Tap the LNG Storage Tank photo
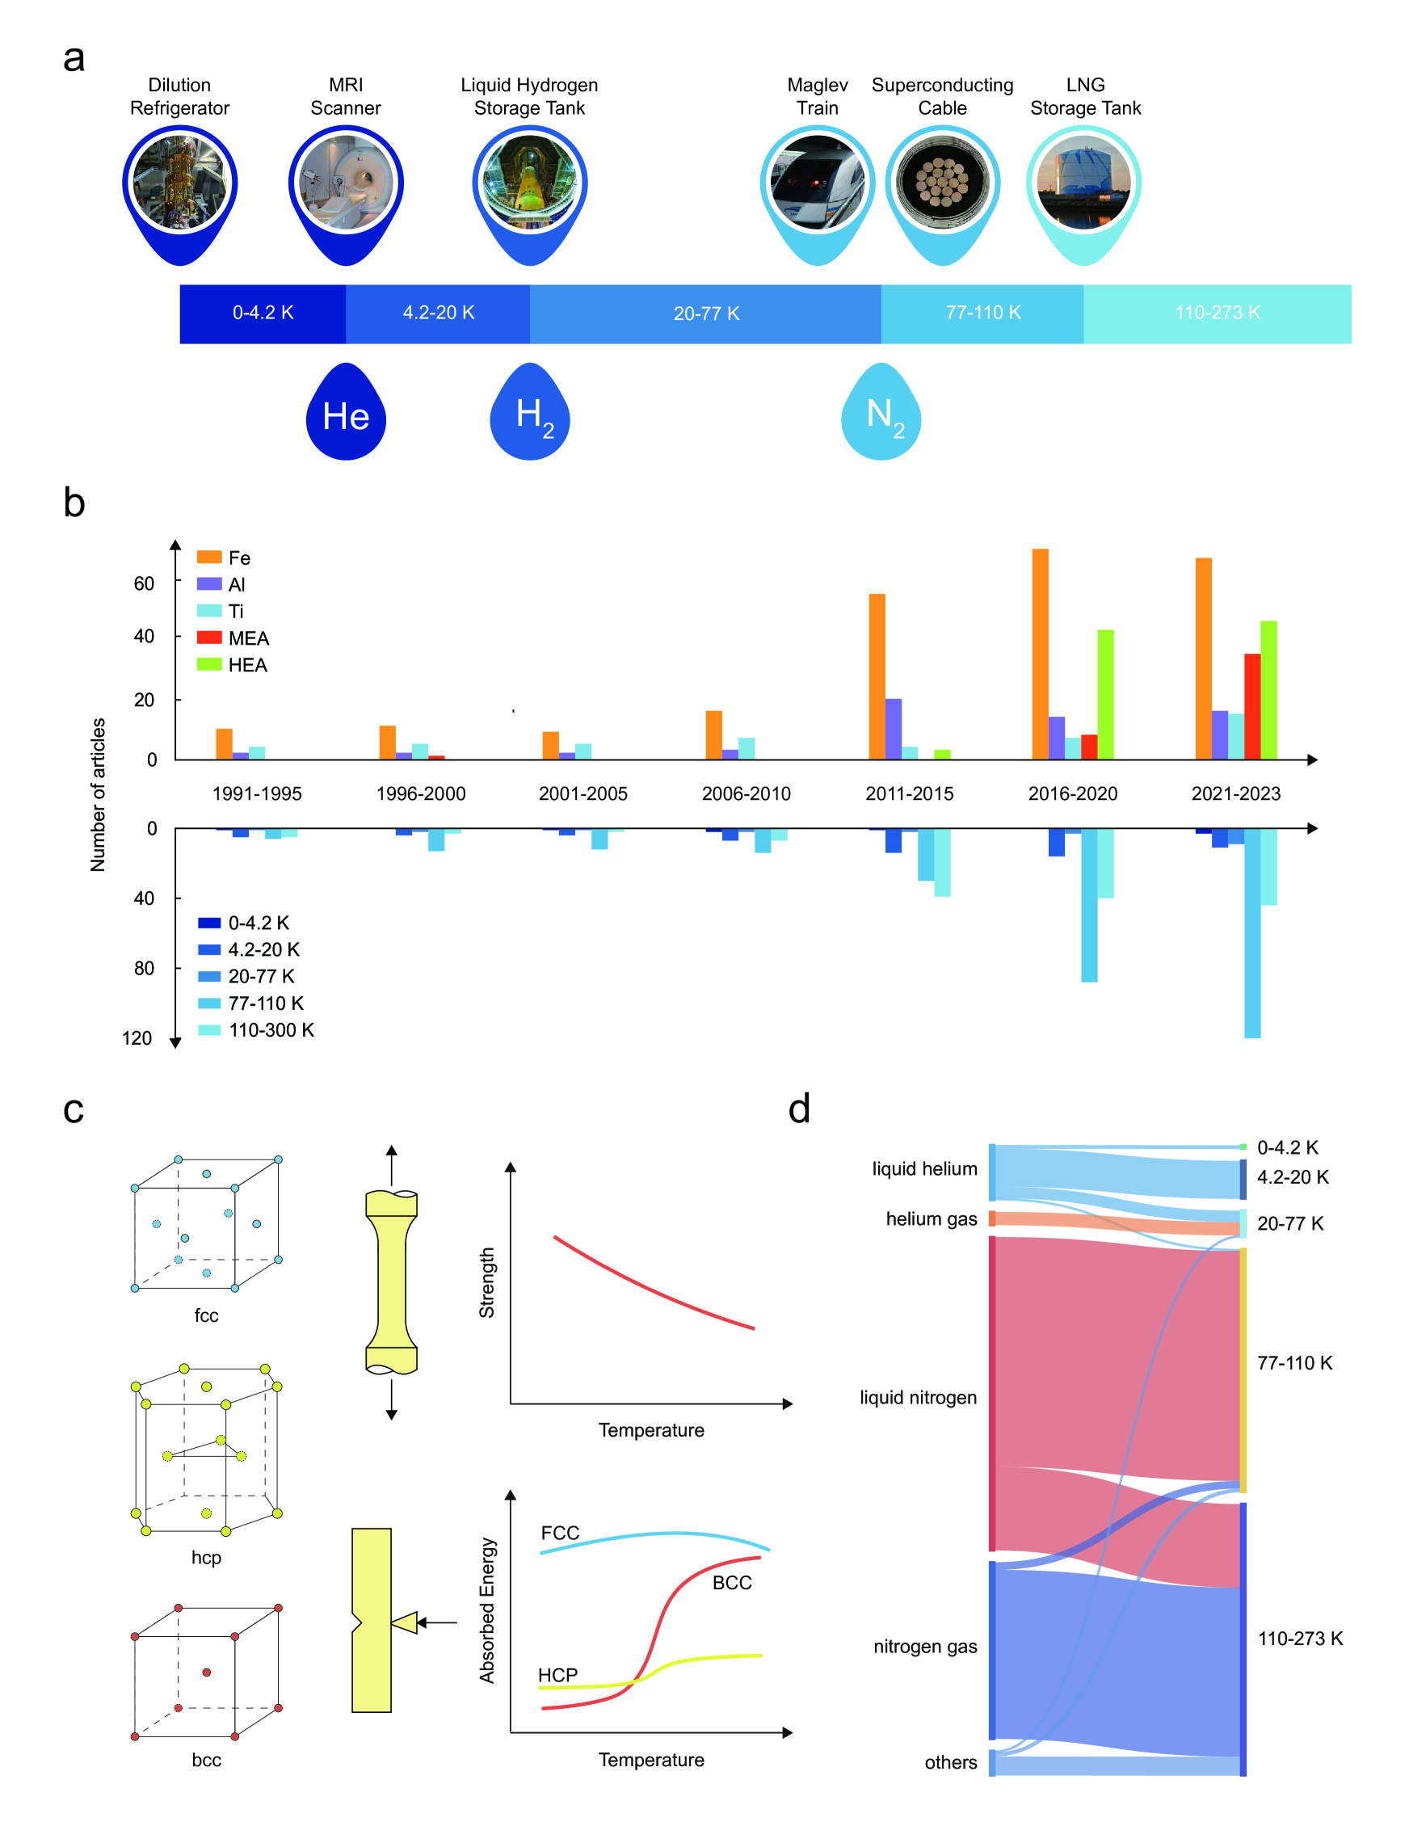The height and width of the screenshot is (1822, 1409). (1083, 183)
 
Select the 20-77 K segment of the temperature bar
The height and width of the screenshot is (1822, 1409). (706, 313)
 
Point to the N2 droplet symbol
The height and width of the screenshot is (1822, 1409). (881, 414)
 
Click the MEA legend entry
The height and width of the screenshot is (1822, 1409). (233, 638)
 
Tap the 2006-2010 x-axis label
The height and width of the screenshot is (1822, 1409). (746, 793)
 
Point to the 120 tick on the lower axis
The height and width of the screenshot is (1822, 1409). (137, 1037)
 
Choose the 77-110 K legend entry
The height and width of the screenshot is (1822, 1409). (251, 1003)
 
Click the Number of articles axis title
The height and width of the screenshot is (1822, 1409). (98, 794)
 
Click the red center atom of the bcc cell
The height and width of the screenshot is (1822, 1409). (206, 1672)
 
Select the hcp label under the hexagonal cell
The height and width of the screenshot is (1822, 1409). (206, 1557)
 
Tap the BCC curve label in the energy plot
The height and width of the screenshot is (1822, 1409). (732, 1583)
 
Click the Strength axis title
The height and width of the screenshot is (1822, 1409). (486, 1282)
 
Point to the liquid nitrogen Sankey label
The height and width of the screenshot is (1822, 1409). (918, 1397)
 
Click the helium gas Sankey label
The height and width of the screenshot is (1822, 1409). (931, 1218)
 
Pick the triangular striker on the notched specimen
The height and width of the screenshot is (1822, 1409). (405, 1622)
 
